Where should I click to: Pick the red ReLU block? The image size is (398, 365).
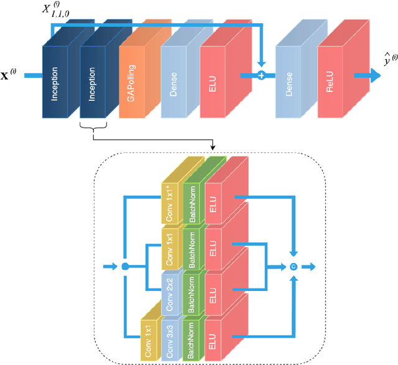point(333,81)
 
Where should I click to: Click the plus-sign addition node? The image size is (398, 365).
point(262,76)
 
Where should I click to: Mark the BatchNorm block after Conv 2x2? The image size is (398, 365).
point(192,289)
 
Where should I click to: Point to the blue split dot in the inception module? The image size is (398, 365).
point(124,267)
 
